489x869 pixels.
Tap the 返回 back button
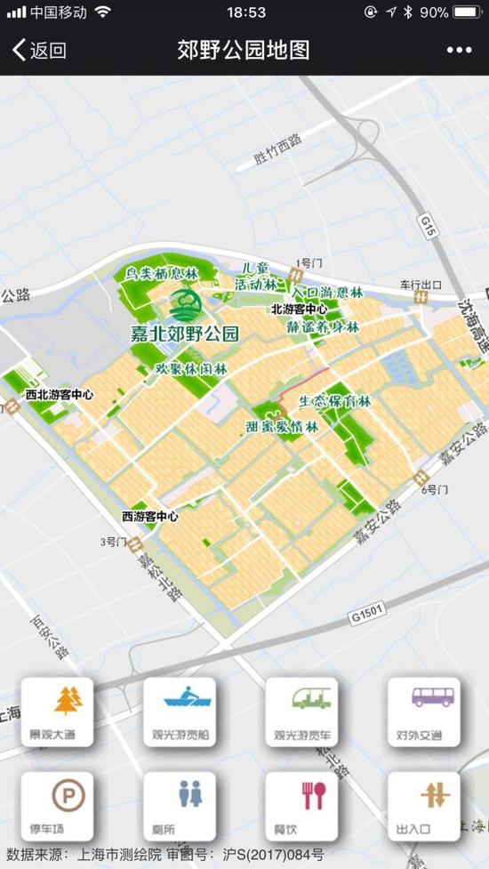coord(39,51)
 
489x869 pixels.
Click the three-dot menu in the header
coord(459,51)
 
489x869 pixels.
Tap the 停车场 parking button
coord(57,805)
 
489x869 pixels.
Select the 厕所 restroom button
coord(179,805)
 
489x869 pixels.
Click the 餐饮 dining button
coord(301,805)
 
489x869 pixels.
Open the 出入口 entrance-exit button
coord(423,805)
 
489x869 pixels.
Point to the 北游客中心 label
coord(299,310)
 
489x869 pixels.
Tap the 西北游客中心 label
coord(60,394)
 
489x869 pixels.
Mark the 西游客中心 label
coord(150,516)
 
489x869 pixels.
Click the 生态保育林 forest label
coord(334,402)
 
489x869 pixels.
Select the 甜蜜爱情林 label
coord(282,427)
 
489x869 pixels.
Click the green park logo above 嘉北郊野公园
coord(185,305)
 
